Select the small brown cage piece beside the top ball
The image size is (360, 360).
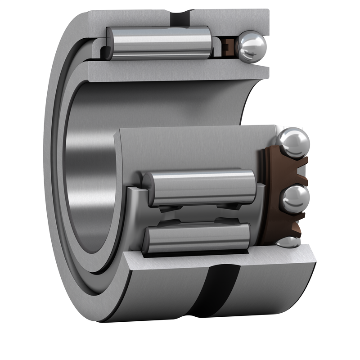click(229, 45)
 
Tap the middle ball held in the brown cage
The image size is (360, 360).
click(295, 198)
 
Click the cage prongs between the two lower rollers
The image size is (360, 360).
click(198, 214)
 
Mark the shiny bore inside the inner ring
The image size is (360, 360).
click(90, 180)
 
